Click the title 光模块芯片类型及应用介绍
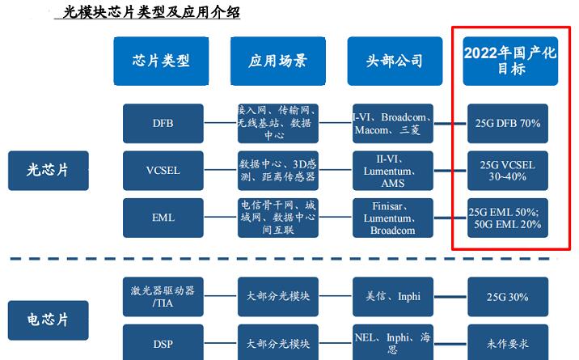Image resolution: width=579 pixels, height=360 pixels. [151, 12]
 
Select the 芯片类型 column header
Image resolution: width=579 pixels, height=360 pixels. [161, 61]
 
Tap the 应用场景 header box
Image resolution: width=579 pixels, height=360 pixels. [277, 61]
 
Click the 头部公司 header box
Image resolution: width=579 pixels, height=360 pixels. [395, 61]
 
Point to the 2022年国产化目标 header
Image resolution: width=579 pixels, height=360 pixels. [510, 61]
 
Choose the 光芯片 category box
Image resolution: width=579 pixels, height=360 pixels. [49, 171]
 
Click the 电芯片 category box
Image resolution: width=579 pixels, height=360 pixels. [49, 320]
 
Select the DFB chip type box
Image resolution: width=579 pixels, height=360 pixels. [163, 123]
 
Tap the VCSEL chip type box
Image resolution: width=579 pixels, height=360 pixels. [163, 171]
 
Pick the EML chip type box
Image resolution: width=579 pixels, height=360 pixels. [163, 218]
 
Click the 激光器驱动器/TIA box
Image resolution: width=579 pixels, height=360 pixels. [163, 297]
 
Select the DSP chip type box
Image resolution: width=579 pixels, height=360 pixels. [163, 343]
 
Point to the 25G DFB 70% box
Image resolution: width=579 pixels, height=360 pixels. [508, 123]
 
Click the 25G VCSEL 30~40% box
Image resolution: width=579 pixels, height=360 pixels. [508, 171]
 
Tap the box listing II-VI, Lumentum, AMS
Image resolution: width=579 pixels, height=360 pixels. [393, 171]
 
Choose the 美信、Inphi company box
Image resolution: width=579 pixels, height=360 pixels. [393, 297]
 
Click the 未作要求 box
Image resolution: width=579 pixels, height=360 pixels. [508, 343]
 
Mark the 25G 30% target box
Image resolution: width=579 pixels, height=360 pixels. [508, 297]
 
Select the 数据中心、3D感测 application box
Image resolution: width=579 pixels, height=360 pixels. [278, 171]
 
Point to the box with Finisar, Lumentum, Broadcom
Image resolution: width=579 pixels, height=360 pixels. [393, 218]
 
